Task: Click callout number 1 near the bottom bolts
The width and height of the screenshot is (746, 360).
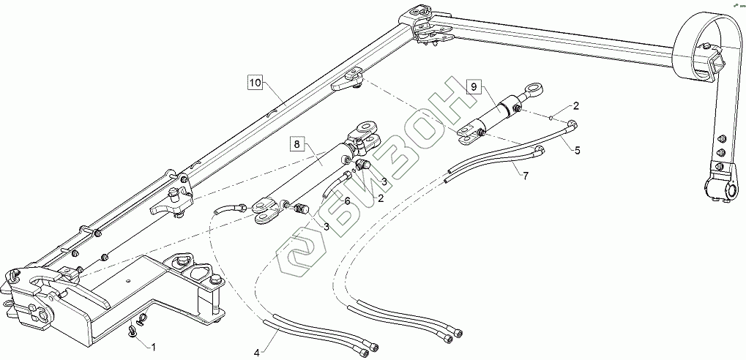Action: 153,345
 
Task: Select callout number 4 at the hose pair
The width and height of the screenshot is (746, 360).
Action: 257,352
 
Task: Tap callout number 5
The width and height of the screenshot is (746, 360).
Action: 577,151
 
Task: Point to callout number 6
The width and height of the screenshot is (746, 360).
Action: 346,200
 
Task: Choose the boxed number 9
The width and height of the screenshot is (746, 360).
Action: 474,87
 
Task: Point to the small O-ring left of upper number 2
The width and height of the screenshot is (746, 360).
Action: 550,116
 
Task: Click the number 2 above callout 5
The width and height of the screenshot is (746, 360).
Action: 575,106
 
